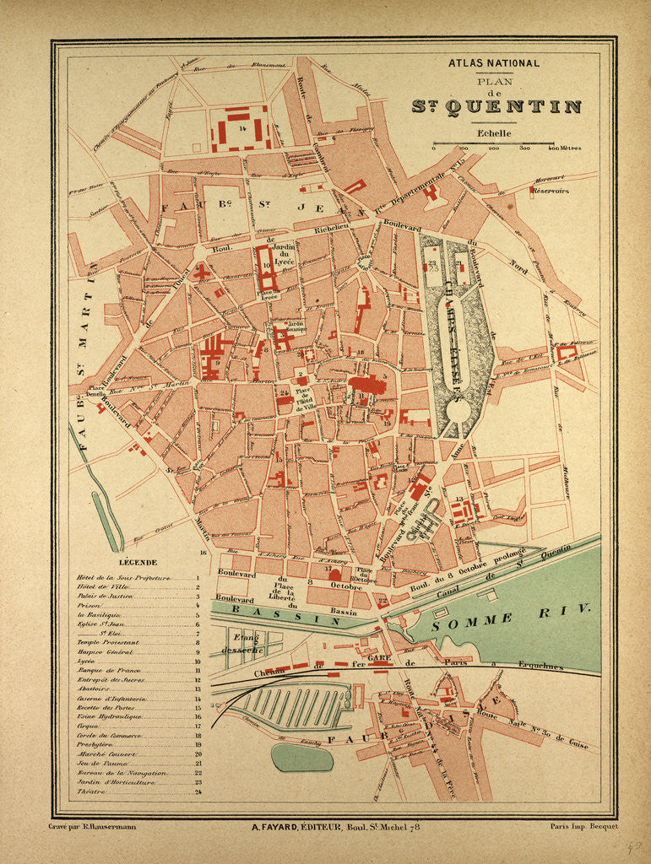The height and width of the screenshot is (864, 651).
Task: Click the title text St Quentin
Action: (496, 106)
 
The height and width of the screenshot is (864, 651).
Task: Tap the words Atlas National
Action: (495, 62)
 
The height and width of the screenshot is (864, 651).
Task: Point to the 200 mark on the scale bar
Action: (493, 148)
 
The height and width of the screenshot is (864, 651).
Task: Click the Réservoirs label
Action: (550, 191)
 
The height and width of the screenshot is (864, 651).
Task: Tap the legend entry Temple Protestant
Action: (106, 642)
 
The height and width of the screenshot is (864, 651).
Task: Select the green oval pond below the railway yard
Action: (301, 757)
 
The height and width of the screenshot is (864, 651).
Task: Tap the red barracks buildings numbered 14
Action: (241, 128)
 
